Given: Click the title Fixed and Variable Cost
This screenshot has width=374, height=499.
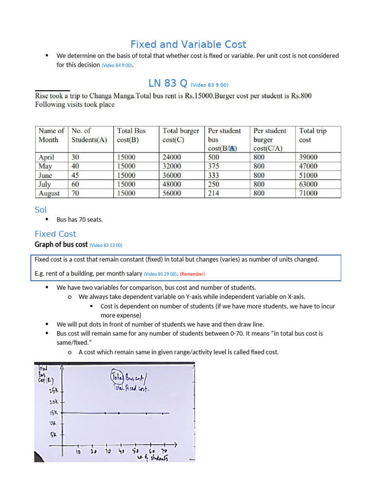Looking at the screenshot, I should coord(188,44).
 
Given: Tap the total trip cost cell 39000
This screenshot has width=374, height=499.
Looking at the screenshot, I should coord(308,157).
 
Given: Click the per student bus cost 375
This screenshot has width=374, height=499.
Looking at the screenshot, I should coord(214,166).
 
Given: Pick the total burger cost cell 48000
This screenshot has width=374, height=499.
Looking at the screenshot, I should coord(171,184).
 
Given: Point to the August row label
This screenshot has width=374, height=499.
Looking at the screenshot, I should coord(49,193).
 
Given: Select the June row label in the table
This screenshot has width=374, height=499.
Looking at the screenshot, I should coord(46,175).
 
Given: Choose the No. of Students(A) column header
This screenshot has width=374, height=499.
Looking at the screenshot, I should coord(89,135).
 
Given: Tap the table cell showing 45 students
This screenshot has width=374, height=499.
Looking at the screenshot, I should coord(76,175).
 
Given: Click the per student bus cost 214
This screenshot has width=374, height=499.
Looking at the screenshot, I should coord(214,193).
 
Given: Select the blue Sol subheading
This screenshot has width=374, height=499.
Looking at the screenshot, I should coord(40,210).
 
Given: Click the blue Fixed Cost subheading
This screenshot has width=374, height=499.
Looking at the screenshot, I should coord(56,234).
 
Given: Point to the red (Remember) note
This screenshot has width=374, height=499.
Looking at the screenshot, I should coord(192,274).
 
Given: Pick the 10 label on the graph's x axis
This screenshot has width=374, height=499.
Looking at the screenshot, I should coord(77,452).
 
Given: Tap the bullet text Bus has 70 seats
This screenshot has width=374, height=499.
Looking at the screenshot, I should coord(80,220).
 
